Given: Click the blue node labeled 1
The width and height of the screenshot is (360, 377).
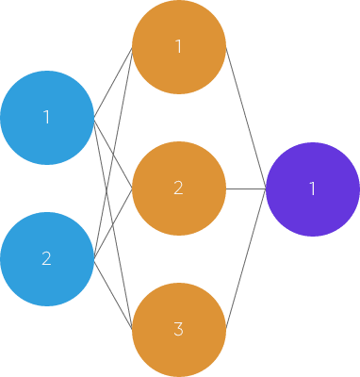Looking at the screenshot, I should [x=46, y=118].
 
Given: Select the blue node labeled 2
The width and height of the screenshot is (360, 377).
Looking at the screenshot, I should [x=46, y=259].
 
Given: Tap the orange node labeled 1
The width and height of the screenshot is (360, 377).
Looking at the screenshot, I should [x=178, y=47].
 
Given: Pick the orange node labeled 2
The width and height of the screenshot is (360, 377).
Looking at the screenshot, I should [x=178, y=188].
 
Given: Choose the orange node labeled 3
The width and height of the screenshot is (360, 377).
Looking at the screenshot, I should [x=178, y=330].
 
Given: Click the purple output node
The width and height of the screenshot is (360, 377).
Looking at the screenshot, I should [x=312, y=189].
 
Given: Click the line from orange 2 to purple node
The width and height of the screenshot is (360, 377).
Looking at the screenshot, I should [x=245, y=188].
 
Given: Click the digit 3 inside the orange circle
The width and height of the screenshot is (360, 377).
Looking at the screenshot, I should [x=178, y=330].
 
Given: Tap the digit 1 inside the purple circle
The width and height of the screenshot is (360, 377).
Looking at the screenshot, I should [x=312, y=189].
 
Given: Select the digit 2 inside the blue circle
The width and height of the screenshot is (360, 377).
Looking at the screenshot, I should [x=46, y=259].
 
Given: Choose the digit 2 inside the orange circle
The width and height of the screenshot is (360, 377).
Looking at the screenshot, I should [x=178, y=188].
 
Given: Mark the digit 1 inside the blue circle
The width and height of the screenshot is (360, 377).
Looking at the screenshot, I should [x=46, y=118].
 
